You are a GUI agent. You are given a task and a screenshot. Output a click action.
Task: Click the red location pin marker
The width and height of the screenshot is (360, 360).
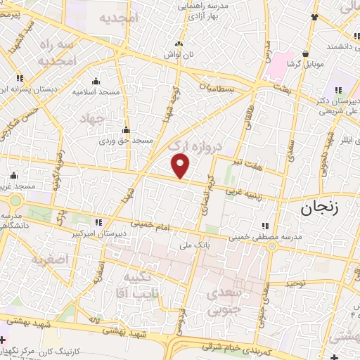[181, 166]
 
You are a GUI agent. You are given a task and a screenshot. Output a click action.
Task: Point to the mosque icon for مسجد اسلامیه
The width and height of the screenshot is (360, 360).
[96, 81]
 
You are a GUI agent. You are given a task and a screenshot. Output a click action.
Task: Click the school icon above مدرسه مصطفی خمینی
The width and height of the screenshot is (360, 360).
[265, 226]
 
